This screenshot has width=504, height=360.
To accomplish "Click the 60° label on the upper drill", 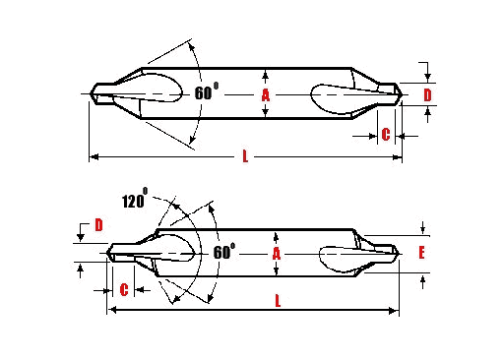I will (207, 93).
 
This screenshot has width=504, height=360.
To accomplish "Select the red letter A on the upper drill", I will (265, 95).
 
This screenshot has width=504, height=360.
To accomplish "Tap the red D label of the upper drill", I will (427, 94).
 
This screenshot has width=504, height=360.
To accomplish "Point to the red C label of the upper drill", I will (385, 134).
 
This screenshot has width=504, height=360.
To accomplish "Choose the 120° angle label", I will (133, 201).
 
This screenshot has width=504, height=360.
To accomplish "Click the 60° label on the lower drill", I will (223, 252).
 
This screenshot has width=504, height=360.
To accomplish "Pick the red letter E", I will (420, 253).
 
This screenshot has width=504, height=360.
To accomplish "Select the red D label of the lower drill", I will (98, 226).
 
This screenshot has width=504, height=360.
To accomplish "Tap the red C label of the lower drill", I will (124, 289).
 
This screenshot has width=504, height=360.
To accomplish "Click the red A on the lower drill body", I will (277, 253).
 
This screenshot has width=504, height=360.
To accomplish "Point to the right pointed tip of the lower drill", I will (400, 253).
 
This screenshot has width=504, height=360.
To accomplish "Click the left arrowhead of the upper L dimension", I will (93, 155).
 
